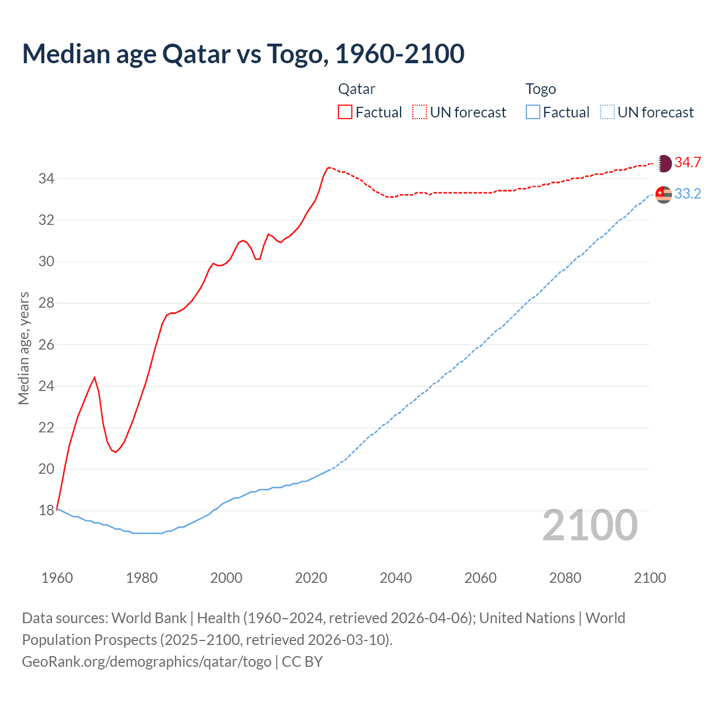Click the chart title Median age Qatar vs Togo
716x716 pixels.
pos(243,54)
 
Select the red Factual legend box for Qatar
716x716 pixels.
pos(345,112)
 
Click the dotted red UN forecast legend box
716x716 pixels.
pos(420,112)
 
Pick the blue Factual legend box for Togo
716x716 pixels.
pos(533,112)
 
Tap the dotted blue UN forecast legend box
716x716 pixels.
pos(607,112)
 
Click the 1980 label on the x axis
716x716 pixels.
pos(142,578)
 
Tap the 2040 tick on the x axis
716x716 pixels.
pos(395,578)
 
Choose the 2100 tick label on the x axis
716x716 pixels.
pos(649,578)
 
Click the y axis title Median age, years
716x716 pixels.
pos(23,348)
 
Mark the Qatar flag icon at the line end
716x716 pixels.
pos(663,163)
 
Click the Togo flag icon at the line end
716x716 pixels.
pos(663,194)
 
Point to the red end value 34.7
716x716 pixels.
pos(687,163)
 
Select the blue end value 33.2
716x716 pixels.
pos(687,194)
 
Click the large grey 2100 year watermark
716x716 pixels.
pos(590,525)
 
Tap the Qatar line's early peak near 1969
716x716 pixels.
pos(95,378)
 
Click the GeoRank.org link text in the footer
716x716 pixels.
pos(147,662)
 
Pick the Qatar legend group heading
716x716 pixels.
pos(356,89)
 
